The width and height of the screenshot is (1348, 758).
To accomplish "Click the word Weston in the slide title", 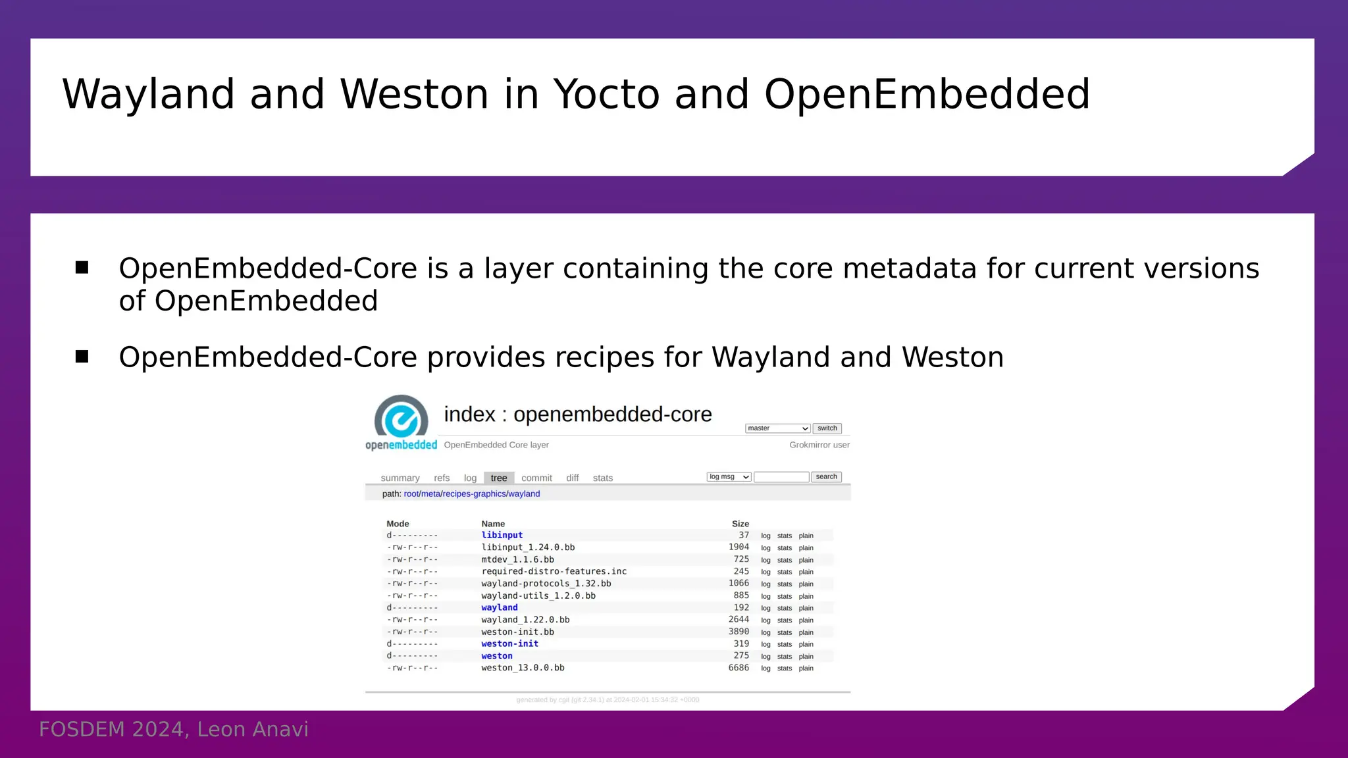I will coord(414,94).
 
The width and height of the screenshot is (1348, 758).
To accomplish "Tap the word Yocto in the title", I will coord(606,94).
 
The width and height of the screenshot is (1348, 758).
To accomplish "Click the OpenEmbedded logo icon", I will coord(401,417).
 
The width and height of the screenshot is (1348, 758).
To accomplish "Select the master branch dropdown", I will coord(777,428).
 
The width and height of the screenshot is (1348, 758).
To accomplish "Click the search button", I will coord(826,477).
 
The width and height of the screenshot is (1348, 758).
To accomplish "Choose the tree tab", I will coord(499,478).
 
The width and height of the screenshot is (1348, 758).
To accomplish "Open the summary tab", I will coord(400,478).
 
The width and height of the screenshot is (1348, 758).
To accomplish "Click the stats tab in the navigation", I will coord(602,478).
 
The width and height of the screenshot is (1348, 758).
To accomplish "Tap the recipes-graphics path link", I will coord(474,494).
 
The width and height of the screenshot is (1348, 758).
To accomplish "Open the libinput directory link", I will coord(502,536).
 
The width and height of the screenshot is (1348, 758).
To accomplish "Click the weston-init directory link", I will coord(509,644).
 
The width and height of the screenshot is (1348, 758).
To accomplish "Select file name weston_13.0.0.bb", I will coord(523,668).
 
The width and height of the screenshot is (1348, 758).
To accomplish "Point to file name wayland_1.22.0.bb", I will coord(525,620).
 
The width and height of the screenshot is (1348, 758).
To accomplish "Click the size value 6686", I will coord(739,668).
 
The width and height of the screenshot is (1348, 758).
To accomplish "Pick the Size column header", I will coord(740,524).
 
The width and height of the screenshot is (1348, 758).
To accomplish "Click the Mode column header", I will coord(398,524).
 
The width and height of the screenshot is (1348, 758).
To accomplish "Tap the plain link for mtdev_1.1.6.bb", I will coord(806,560).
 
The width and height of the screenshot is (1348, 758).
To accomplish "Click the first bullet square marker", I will coord(82,267).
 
